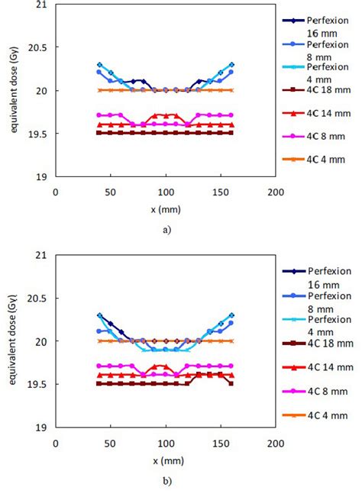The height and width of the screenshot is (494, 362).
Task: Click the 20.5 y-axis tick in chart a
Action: click(x=38, y=47)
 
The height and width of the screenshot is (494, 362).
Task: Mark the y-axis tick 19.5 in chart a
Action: click(x=38, y=134)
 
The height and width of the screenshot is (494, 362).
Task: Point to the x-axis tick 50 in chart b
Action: click(x=110, y=441)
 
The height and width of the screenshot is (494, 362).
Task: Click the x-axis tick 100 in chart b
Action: click(x=165, y=441)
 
